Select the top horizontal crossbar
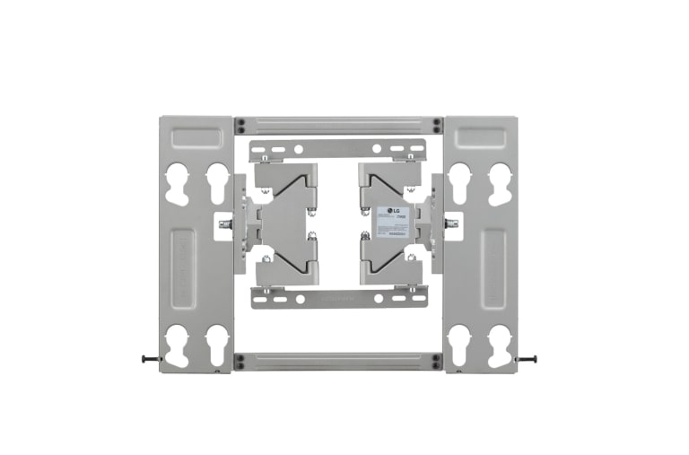point(337,125)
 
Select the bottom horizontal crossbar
point(337,362)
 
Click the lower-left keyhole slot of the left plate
point(178,345)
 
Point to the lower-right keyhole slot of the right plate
point(499,345)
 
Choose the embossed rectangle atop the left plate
point(197,136)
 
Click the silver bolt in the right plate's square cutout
point(450,223)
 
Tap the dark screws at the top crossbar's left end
point(240,125)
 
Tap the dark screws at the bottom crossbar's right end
point(436,362)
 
